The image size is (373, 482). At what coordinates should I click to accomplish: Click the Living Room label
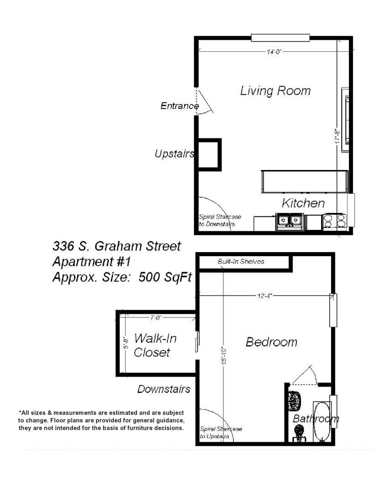pyautogui.click(x=275, y=91)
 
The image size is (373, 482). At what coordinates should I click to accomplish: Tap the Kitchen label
pyautogui.click(x=303, y=203)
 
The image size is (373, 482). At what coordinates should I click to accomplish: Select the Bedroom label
pyautogui.click(x=272, y=342)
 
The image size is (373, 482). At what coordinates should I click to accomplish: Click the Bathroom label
pyautogui.click(x=316, y=419)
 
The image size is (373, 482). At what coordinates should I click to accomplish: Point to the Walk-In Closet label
pyautogui.click(x=155, y=345)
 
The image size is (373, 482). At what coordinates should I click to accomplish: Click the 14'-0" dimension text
pyautogui.click(x=274, y=52)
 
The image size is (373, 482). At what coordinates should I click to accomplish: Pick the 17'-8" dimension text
pyautogui.click(x=338, y=136)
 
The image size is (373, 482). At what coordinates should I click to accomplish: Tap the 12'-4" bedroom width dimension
pyautogui.click(x=264, y=296)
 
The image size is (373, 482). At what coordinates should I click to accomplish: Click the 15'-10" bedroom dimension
pyautogui.click(x=224, y=356)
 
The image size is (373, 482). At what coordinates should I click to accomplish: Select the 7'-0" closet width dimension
pyautogui.click(x=156, y=318)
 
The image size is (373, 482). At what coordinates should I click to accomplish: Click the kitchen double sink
pyautogui.click(x=289, y=222)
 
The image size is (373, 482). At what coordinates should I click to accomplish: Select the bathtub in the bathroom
pyautogui.click(x=322, y=421)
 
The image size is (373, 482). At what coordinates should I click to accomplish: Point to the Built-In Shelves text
pyautogui.click(x=241, y=262)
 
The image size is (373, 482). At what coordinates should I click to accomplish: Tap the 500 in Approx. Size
pyautogui.click(x=149, y=277)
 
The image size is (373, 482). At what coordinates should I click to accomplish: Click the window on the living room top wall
pyautogui.click(x=281, y=38)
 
